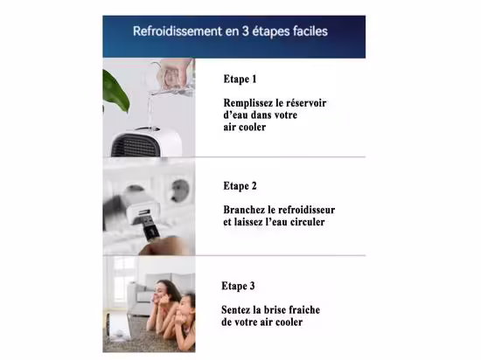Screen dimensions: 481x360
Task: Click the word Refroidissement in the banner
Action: click(x=178, y=31)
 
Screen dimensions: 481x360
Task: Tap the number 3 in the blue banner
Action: click(x=246, y=31)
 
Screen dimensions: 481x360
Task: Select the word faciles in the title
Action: click(x=310, y=31)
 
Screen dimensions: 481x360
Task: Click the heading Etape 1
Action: click(x=240, y=79)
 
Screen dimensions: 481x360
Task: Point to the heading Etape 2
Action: click(x=240, y=186)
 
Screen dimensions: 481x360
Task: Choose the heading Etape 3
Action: click(x=238, y=286)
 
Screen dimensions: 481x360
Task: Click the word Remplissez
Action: click(x=248, y=103)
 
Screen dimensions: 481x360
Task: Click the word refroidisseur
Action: click(x=310, y=210)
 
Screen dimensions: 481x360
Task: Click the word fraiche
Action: click(x=304, y=309)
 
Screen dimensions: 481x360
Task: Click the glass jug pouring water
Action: click(x=174, y=77)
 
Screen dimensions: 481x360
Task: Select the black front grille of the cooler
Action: click(x=134, y=146)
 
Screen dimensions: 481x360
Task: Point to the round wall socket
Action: click(x=180, y=190)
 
